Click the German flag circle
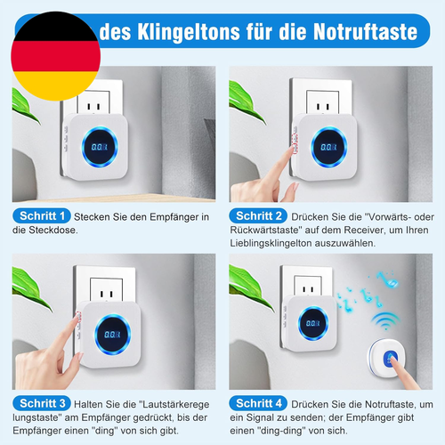pyautogui.click(x=56, y=56)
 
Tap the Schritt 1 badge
pyautogui.click(x=42, y=216)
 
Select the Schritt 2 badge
pyautogui.click(x=258, y=216)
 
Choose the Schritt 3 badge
pyautogui.click(x=42, y=403)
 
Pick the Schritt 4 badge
pyautogui.click(x=258, y=403)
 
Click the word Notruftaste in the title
pyautogui.click(x=366, y=31)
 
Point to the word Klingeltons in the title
pyautogui.click(x=189, y=32)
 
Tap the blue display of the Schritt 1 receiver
pyautogui.click(x=100, y=147)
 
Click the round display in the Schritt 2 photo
pyautogui.click(x=328, y=147)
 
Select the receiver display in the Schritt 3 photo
pyautogui.click(x=112, y=335)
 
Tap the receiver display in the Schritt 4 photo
pyautogui.click(x=313, y=323)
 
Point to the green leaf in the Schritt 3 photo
pyautogui.click(x=30, y=287)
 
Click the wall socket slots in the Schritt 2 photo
pyautogui.click(x=322, y=106)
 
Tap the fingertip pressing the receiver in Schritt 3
pyautogui.click(x=77, y=318)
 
